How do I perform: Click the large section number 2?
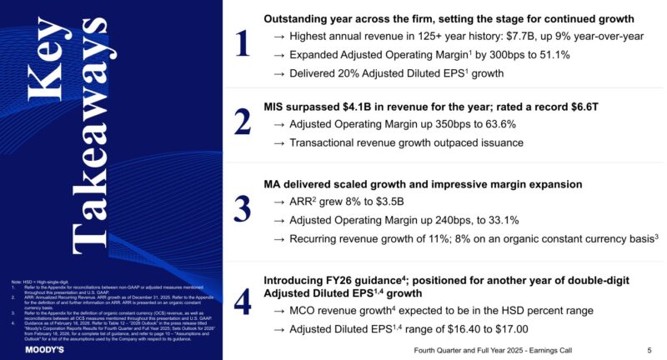[x=243, y=122]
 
